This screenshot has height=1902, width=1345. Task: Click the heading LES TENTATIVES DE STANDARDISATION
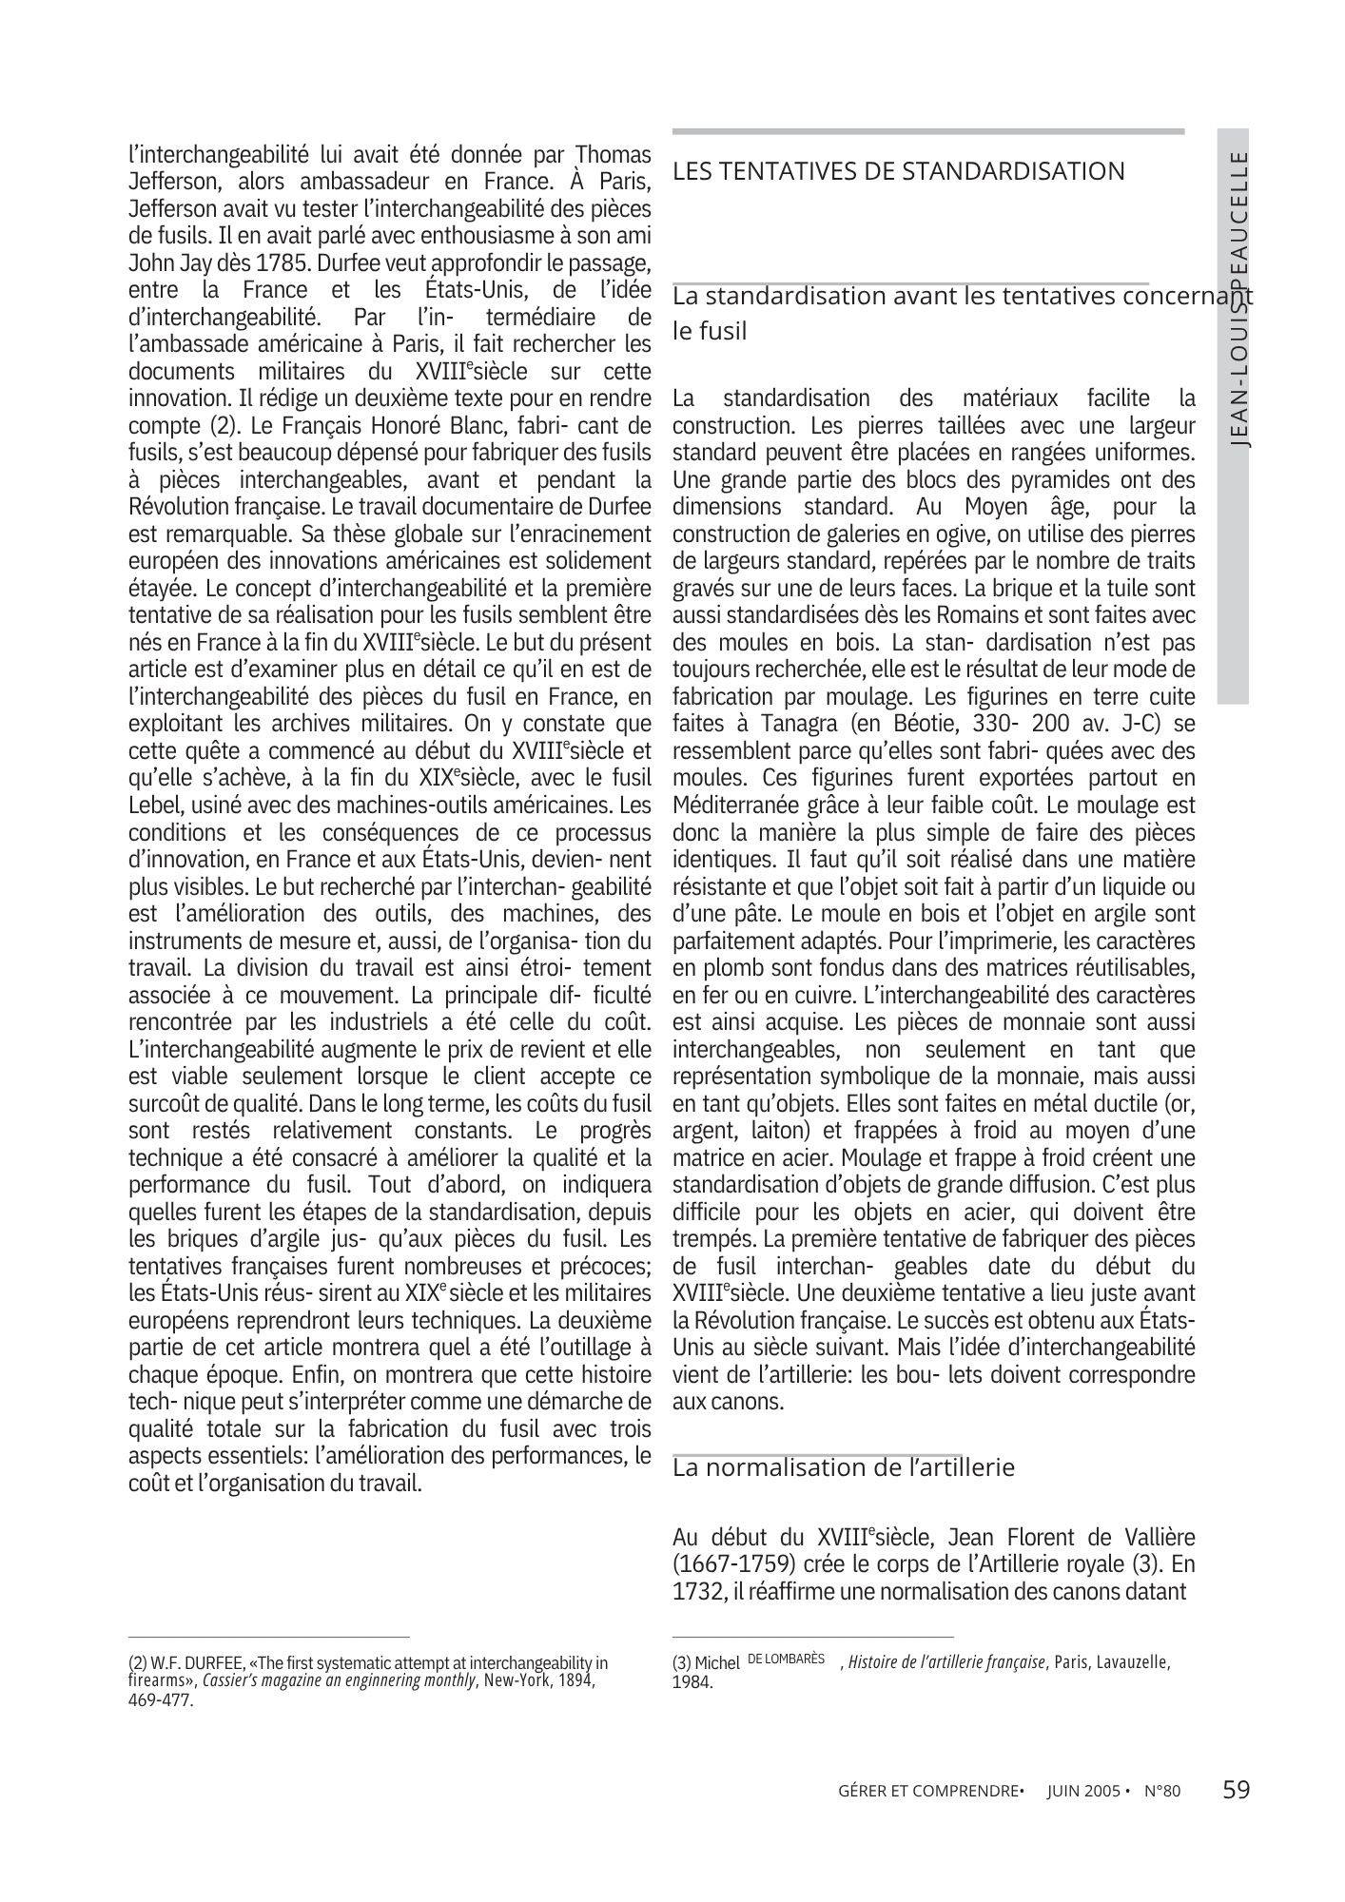(898, 172)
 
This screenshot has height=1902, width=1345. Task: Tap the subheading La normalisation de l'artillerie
(843, 1467)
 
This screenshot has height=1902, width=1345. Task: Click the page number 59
(1236, 1791)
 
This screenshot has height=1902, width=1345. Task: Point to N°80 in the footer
(1161, 1792)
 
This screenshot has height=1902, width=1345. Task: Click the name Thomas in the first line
(614, 154)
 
